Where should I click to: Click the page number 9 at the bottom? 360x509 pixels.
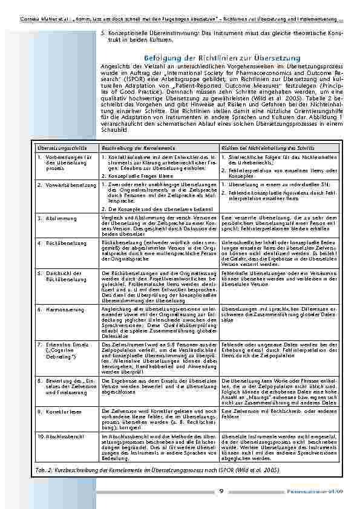coord(222,491)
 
